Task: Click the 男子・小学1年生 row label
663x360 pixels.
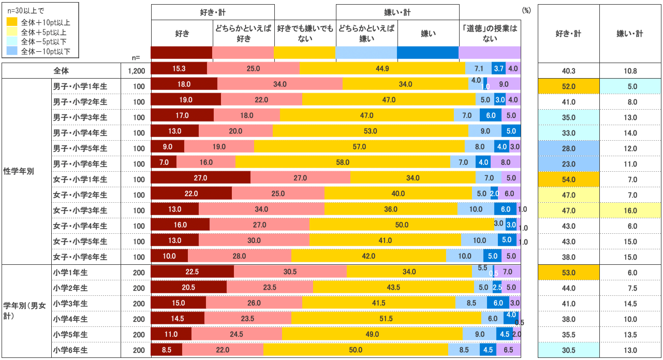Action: [x=80, y=86]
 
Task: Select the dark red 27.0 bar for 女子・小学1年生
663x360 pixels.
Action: [x=200, y=178]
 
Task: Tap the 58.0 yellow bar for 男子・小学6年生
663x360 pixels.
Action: [x=343, y=162]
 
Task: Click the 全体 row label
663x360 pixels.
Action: [x=61, y=70]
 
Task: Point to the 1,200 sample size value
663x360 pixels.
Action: [x=136, y=70]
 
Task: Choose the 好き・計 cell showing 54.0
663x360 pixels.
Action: [x=568, y=179]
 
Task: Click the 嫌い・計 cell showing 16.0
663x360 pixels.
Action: [x=630, y=210]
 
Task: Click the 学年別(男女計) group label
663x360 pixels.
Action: [x=24, y=310]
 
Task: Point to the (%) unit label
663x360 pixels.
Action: [x=527, y=10]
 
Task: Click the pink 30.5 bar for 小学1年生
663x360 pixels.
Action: [x=290, y=272]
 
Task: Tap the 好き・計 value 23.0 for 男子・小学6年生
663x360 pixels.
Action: [x=568, y=163]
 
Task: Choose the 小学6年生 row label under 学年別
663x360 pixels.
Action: [x=70, y=350]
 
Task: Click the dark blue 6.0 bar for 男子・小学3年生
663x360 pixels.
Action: [x=491, y=116]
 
